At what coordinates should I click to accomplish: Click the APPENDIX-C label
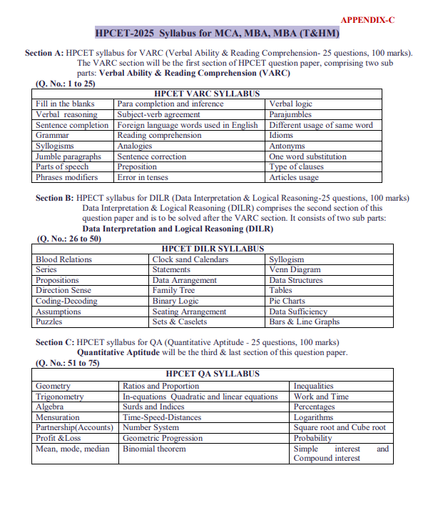(367, 20)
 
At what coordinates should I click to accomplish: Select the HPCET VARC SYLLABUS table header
(207, 94)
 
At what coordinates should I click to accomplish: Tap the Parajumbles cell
(290, 114)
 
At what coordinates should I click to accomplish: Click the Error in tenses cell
(143, 177)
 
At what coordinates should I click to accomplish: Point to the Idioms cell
(281, 135)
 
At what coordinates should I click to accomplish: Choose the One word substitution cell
(307, 156)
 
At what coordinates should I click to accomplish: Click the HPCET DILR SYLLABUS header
(208, 249)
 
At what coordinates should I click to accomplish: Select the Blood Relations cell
(63, 259)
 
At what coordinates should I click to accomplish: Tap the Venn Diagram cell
(295, 270)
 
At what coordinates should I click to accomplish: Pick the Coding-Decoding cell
(66, 302)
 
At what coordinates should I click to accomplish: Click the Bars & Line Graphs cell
(304, 322)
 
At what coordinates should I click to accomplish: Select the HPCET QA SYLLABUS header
(213, 374)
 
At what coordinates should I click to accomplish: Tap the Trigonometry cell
(59, 397)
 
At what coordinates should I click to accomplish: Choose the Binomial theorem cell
(153, 449)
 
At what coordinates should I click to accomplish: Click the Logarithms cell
(313, 417)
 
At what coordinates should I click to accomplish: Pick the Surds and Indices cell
(153, 407)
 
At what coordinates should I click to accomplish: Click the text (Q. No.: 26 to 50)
(69, 239)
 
